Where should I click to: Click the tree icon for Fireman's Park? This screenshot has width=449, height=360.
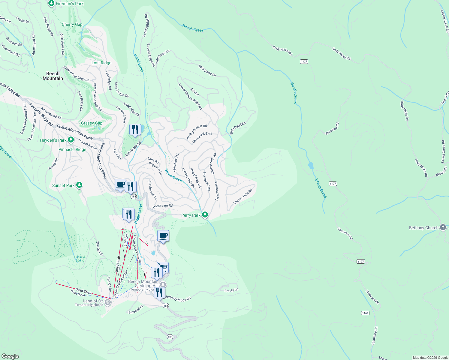click(51, 3)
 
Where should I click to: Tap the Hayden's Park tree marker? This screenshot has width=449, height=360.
click(71, 140)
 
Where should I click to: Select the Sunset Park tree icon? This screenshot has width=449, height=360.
click(79, 185)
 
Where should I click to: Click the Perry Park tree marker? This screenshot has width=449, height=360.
click(205, 215)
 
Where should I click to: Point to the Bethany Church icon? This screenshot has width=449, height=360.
click(443, 227)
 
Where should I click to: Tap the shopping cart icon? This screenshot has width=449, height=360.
click(163, 267)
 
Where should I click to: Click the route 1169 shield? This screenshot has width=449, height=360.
click(365, 313)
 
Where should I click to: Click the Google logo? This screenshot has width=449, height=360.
click(10, 356)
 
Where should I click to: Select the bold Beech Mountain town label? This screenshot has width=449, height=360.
click(53, 76)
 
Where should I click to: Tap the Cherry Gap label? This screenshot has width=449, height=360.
click(72, 24)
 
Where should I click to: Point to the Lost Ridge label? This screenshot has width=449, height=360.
click(101, 63)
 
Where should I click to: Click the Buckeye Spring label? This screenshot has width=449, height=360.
click(80, 259)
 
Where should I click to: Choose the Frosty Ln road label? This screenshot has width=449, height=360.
click(231, 290)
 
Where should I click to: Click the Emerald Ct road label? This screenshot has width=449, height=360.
click(136, 310)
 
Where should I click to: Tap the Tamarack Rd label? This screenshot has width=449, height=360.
click(217, 191)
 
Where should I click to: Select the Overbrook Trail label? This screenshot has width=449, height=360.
click(202, 137)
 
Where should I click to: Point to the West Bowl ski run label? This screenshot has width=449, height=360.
click(78, 293)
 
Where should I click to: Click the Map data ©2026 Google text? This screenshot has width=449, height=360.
click(430, 357)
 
